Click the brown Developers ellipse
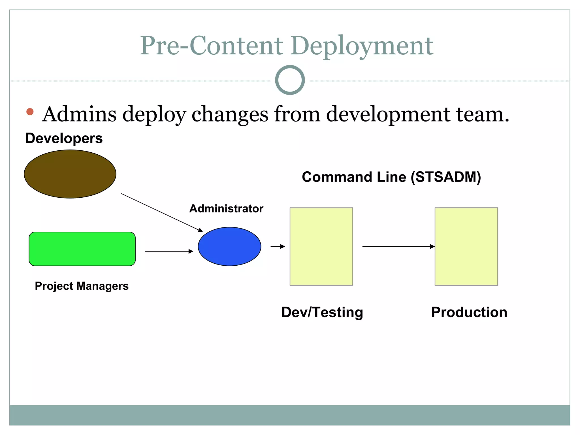[70, 174]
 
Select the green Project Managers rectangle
[82, 249]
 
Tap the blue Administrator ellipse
[229, 246]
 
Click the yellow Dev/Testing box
[321, 246]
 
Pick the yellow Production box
[466, 246]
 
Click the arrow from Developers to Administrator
[161, 212]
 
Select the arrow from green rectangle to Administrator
[169, 251]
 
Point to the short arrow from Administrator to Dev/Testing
[278, 246]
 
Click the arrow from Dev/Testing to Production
[398, 246]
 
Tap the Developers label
[64, 138]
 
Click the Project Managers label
[82, 286]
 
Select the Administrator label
[226, 209]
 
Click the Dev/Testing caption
[322, 312]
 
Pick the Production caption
[469, 312]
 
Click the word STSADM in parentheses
[446, 177]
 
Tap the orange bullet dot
[30, 112]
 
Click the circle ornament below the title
[290, 80]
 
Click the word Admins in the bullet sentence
[79, 114]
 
